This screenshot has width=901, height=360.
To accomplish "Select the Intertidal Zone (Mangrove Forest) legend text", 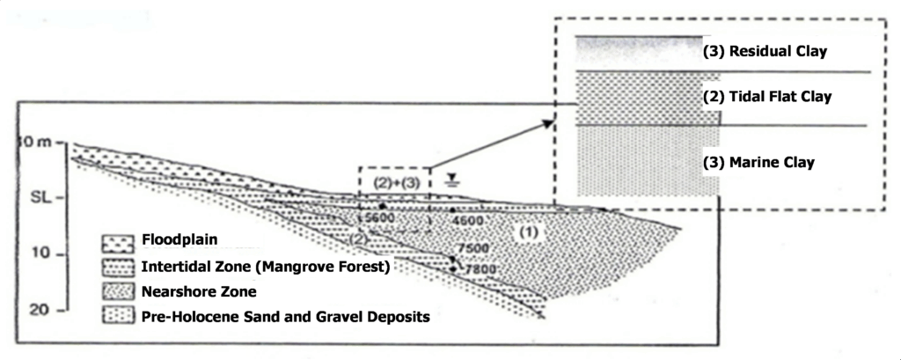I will [265, 264].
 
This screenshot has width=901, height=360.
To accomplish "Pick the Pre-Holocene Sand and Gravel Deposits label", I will [286, 315].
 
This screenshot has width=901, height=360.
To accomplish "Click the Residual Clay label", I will [765, 51].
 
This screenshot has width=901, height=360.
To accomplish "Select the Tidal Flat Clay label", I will [768, 96].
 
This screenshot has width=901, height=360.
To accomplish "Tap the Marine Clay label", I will [758, 162].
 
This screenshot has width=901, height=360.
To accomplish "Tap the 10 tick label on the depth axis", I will [36, 254].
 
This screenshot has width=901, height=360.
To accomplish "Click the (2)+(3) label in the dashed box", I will [394, 182].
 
